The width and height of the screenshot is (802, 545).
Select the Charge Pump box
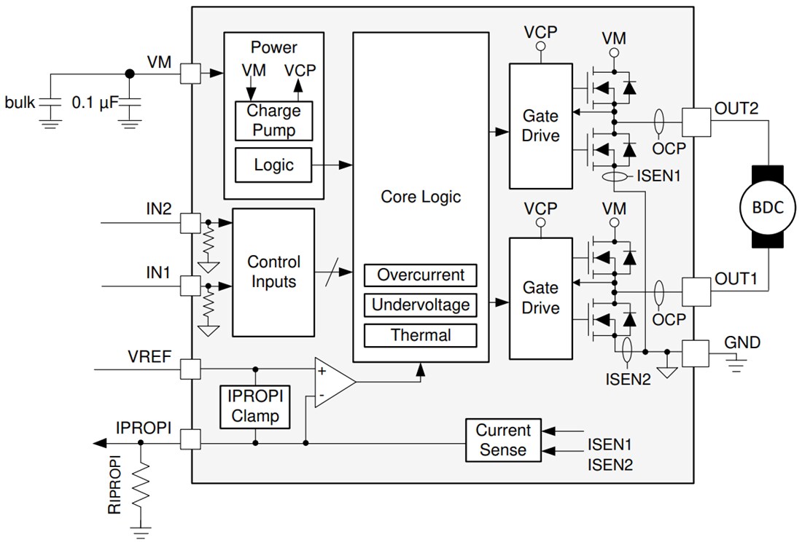(x=273, y=121)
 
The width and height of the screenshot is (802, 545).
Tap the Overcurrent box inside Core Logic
(x=421, y=275)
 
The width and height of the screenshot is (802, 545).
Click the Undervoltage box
(x=421, y=305)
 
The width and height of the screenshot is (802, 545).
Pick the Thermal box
(x=421, y=335)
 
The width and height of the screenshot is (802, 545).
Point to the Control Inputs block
(x=273, y=272)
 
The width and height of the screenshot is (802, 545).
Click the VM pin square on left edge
(x=190, y=73)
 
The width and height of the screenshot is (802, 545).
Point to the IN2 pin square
(x=190, y=222)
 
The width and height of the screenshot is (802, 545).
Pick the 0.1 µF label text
(x=94, y=103)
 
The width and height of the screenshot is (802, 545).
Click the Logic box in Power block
(x=273, y=165)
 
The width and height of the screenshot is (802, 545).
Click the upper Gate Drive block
(x=541, y=125)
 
